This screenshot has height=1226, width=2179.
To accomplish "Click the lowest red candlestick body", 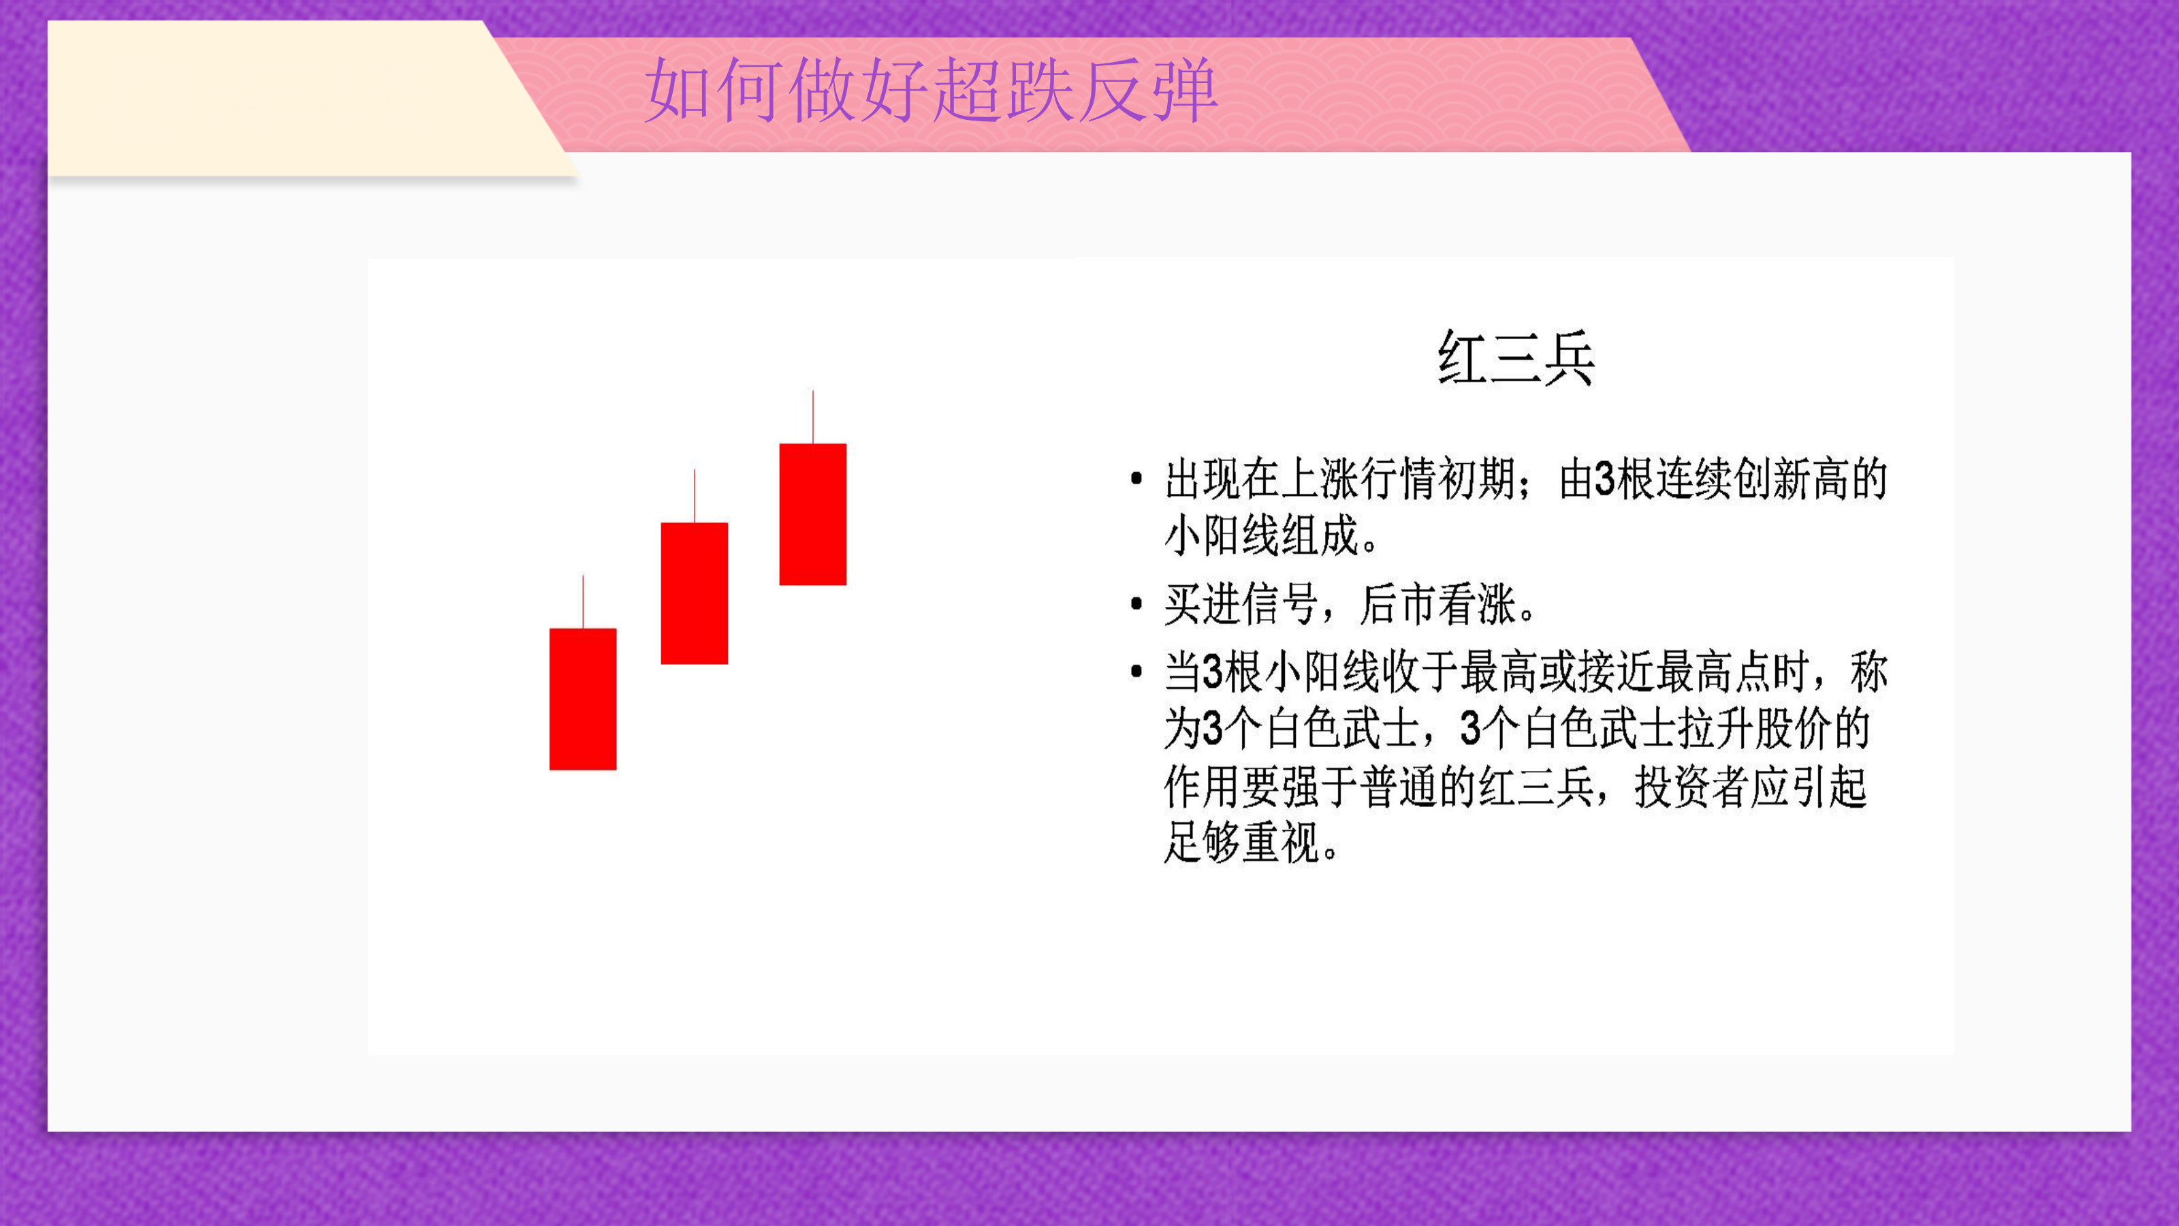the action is click(583, 699).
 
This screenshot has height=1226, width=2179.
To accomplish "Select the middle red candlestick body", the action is click(695, 593).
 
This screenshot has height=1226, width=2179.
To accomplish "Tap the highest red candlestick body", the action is click(813, 514).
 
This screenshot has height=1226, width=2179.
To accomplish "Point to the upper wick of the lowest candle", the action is click(583, 601).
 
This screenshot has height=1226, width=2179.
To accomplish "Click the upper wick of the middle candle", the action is click(695, 496).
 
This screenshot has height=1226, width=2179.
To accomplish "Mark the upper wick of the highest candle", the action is click(813, 417).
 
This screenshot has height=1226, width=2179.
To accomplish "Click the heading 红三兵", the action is click(1516, 358).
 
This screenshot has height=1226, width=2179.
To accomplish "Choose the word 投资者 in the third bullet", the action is click(1691, 787).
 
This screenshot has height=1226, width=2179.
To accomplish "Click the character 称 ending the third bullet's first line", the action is click(1868, 672).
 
